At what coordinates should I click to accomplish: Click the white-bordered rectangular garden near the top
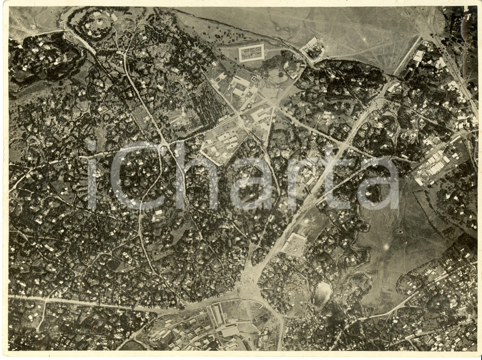tap(251, 53)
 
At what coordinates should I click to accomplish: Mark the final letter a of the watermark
tap(381, 184)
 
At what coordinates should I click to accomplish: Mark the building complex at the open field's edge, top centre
tap(312, 47)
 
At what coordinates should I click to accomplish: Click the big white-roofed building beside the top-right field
tap(418, 57)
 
